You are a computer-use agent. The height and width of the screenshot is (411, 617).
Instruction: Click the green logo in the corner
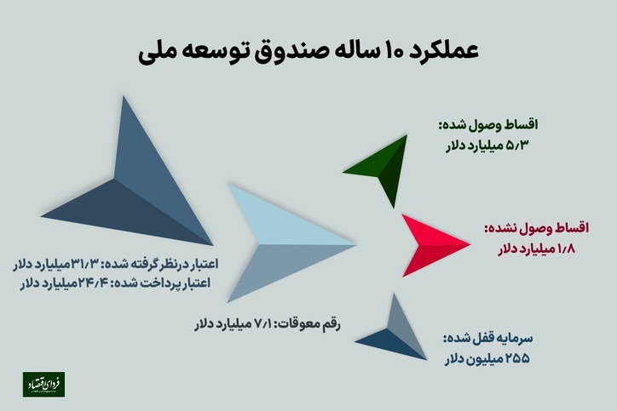pyautogui.click(x=43, y=385)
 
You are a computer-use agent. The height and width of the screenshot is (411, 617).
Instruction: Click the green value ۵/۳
pyautogui.click(x=516, y=146)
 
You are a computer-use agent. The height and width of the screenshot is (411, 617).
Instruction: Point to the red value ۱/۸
pyautogui.click(x=566, y=249)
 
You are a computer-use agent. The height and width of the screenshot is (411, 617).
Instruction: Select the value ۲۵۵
pyautogui.click(x=517, y=359)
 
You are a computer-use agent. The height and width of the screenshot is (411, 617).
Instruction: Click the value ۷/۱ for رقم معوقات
pyautogui.click(x=262, y=324)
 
